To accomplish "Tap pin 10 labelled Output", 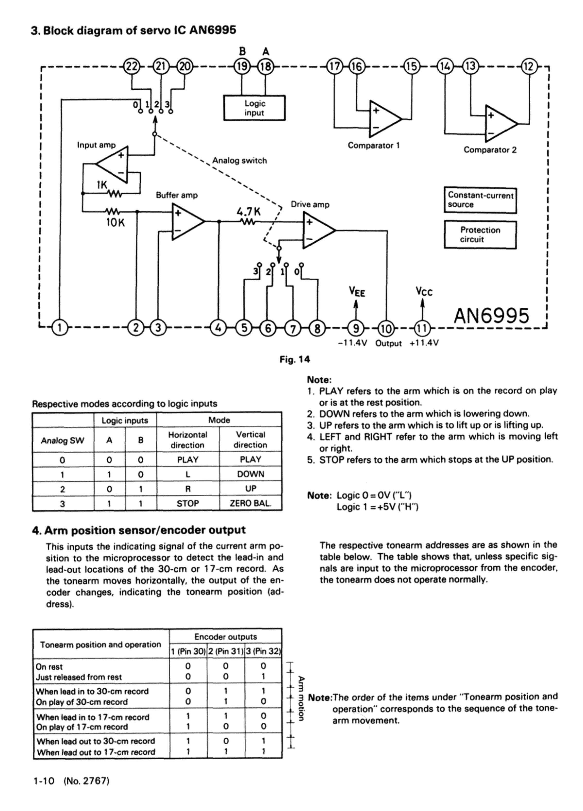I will pyautogui.click(x=386, y=328).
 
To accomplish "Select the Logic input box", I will pyautogui.click(x=254, y=108).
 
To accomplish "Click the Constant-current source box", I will pyautogui.click(x=480, y=200).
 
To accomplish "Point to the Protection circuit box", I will pyautogui.click(x=480, y=235).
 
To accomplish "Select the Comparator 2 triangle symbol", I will pyautogui.click(x=499, y=123).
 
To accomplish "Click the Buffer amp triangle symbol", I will pyautogui.click(x=186, y=221).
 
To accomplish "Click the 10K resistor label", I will pyautogui.click(x=116, y=222).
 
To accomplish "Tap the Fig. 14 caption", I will pyautogui.click(x=295, y=359).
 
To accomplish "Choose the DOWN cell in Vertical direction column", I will pyautogui.click(x=250, y=474).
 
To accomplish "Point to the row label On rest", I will pyautogui.click(x=49, y=667).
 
